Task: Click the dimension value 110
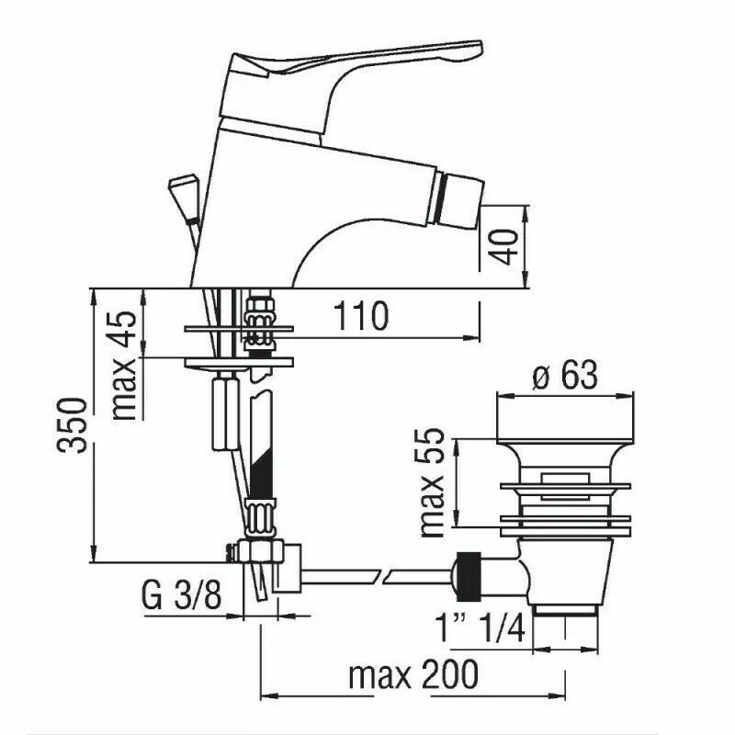tap(361, 316)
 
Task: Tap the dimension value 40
tap(503, 246)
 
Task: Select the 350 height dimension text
tap(73, 425)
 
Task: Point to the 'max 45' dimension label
tap(125, 365)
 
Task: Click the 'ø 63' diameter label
tap(565, 375)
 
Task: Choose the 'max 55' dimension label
tap(431, 482)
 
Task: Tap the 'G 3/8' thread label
tap(181, 594)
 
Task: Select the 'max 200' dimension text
tap(413, 674)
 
